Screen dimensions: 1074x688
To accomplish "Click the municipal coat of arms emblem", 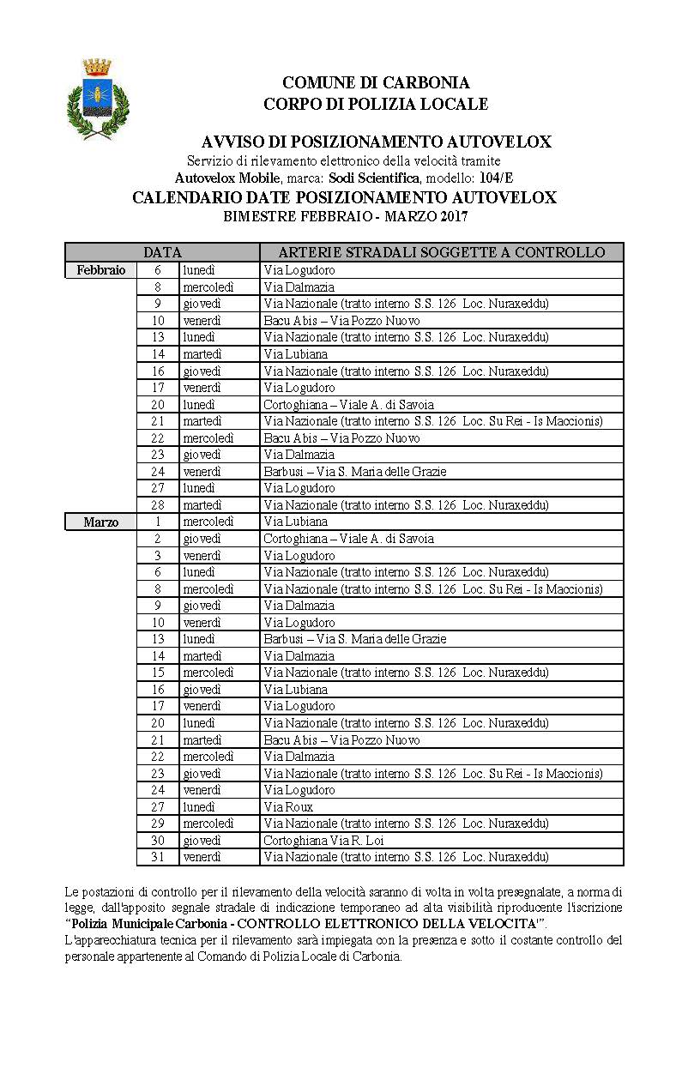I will click(x=98, y=99).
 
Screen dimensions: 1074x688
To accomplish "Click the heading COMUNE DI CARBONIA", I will click(x=376, y=83).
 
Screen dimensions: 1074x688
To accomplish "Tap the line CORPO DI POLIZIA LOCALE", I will click(x=376, y=105).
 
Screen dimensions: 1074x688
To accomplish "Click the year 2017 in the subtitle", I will click(x=452, y=216).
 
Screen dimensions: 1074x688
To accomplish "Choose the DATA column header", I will click(x=162, y=252).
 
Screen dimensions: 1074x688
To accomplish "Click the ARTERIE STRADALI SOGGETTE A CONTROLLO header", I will click(x=442, y=252).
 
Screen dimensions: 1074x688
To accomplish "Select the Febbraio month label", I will click(x=101, y=270).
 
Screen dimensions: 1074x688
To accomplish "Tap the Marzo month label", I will click(x=101, y=522).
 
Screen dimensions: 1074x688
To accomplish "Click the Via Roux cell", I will click(x=288, y=807).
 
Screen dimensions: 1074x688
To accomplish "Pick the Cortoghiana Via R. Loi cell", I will click(x=323, y=841).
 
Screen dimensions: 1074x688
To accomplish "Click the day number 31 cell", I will click(x=158, y=857).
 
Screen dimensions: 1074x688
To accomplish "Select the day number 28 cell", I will click(x=158, y=505).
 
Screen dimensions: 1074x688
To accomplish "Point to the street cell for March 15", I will click(x=406, y=673).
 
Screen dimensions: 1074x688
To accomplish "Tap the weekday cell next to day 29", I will click(x=208, y=824).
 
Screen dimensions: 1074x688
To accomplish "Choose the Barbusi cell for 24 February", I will click(x=355, y=472).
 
